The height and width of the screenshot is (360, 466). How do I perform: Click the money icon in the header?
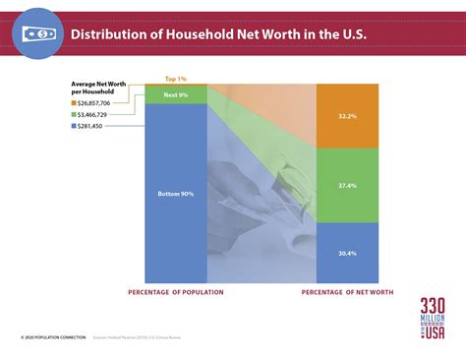click(36, 33)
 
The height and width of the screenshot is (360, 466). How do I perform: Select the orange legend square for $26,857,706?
click(75, 102)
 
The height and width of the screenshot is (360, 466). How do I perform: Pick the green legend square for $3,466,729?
click(75, 114)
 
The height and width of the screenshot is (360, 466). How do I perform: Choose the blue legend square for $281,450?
click(75, 126)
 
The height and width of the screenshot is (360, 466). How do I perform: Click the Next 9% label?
click(176, 93)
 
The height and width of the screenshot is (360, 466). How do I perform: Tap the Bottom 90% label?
click(176, 194)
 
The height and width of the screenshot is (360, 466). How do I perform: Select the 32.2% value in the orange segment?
click(346, 115)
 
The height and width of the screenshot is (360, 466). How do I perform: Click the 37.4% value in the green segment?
click(346, 184)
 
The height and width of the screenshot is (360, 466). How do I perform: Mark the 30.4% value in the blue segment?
click(346, 253)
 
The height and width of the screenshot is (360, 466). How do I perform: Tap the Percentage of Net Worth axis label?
click(346, 293)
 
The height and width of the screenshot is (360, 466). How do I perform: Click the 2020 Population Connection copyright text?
click(49, 337)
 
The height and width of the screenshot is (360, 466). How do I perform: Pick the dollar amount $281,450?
click(99, 126)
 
